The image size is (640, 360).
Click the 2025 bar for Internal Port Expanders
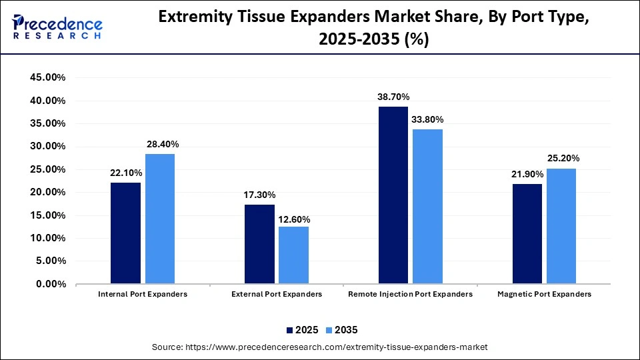[125, 233]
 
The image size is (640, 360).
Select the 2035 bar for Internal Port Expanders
[160, 219]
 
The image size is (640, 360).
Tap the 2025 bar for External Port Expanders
[259, 244]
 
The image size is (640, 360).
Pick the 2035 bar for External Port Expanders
[293, 255]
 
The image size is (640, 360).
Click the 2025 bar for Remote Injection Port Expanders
[393, 195]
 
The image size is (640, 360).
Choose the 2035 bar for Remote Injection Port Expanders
[427, 207]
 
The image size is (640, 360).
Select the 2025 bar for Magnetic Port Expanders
[527, 234]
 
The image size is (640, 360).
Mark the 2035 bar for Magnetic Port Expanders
[561, 226]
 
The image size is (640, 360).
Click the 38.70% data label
[393, 97]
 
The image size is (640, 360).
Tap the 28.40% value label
[162, 145]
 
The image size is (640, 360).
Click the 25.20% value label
[563, 159]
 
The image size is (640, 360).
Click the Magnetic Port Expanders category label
[544, 294]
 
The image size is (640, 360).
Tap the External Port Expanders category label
[277, 294]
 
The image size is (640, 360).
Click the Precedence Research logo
[57, 27]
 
